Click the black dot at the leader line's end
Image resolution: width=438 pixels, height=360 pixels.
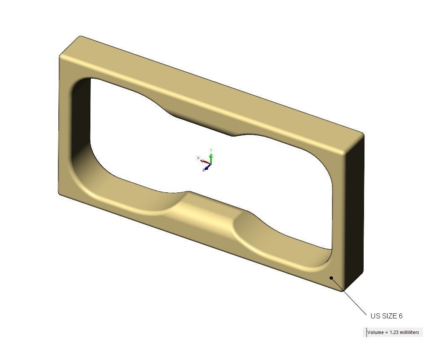coord(331,278)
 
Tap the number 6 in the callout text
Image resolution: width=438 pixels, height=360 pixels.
coord(401,316)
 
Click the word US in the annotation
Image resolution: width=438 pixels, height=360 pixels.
coord(375,316)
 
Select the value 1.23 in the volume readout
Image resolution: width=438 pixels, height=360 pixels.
coord(394,332)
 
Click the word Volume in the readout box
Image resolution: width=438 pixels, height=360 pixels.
coord(375,332)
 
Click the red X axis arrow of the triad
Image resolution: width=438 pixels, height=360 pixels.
coord(204,161)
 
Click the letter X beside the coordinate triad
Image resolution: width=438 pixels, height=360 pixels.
coord(198,158)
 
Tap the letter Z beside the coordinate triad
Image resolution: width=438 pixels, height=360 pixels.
coord(203,170)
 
